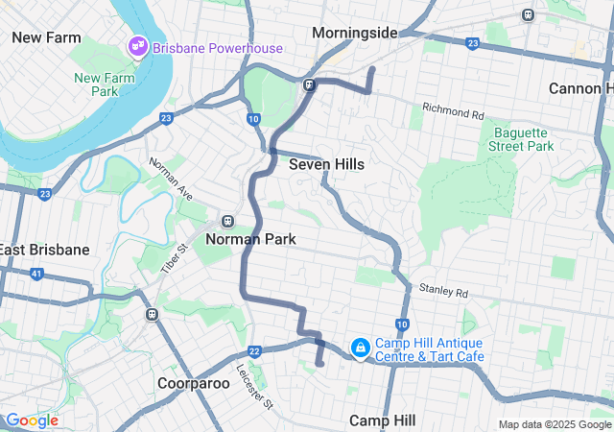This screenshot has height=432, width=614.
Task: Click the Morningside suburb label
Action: click(355, 33)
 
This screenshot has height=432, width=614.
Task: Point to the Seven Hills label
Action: click(326, 165)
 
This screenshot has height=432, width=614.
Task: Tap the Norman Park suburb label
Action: click(250, 239)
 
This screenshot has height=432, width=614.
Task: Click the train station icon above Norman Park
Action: click(227, 221)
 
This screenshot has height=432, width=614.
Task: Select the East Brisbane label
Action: click(44, 250)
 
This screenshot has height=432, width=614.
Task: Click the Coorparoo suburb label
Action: click(193, 383)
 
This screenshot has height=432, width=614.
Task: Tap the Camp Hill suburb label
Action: click(382, 420)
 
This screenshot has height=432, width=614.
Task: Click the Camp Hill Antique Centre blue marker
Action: click(360, 347)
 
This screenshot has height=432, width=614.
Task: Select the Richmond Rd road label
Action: click(453, 112)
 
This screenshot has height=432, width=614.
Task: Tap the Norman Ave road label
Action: click(170, 177)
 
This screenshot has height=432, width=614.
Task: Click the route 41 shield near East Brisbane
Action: click(37, 274)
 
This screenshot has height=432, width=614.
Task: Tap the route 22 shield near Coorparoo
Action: click(254, 352)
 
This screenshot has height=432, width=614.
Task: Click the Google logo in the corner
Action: click(32, 420)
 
